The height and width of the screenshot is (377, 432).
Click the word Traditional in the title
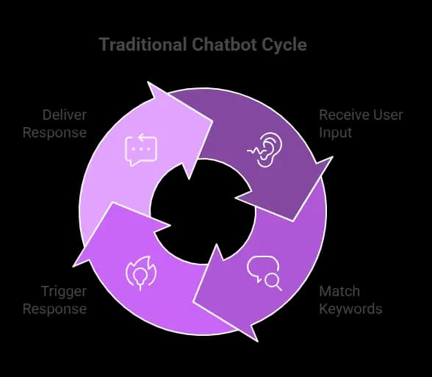[x=143, y=44]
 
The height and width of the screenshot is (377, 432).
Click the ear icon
[x=262, y=150]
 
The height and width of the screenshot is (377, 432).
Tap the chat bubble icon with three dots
[x=141, y=150]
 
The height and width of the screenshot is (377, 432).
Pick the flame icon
[x=141, y=273]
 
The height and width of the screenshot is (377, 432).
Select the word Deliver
[x=65, y=115]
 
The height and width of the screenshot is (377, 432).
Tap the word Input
[x=335, y=133]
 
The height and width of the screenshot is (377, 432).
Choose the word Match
[x=339, y=291]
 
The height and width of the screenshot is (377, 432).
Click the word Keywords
[x=350, y=309]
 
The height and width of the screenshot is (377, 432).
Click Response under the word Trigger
[x=54, y=309]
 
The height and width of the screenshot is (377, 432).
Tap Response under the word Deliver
[x=54, y=133]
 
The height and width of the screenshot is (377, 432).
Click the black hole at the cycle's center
[x=203, y=212]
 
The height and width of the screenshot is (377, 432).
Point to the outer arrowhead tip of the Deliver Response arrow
[x=148, y=82]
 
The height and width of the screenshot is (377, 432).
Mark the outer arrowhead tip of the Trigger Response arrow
[x=73, y=267]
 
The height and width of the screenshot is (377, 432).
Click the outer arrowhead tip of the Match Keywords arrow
[x=258, y=342]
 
